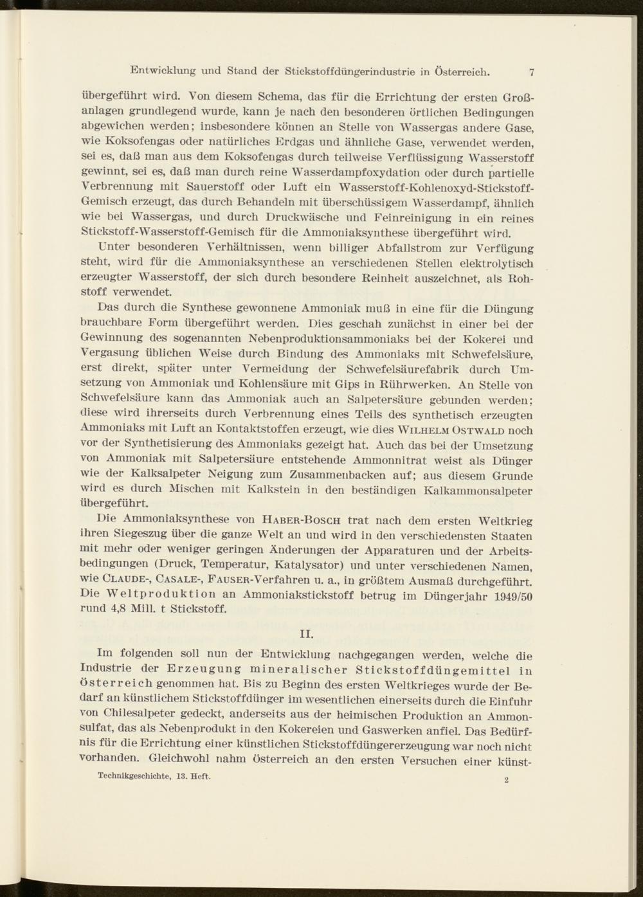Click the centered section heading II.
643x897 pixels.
tap(307, 635)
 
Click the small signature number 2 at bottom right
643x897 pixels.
tap(507, 781)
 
